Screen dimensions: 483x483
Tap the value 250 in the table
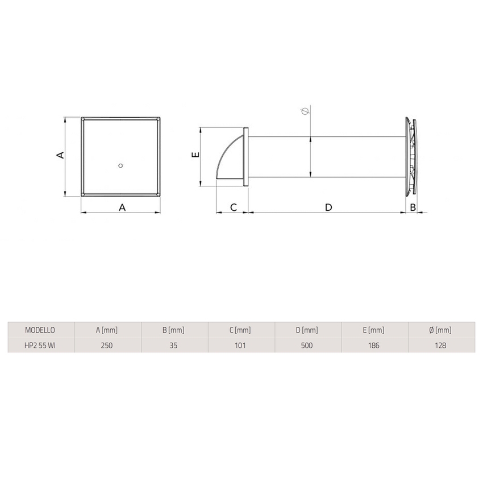107,345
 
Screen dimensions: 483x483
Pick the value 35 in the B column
174,345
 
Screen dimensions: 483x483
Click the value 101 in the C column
241,345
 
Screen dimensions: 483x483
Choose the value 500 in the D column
308,345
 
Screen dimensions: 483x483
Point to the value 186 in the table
375,345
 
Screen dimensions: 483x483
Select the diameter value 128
442,345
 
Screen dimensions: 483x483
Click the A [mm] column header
107,330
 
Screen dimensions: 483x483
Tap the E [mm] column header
375,330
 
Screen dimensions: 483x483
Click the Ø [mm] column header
442,330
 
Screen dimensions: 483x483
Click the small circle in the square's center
120,165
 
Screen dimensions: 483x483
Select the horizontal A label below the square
122,207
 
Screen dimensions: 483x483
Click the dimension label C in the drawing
233,207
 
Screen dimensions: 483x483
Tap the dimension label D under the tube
328,207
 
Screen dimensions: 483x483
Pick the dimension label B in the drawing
413,207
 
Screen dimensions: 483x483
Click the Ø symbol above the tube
305,111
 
